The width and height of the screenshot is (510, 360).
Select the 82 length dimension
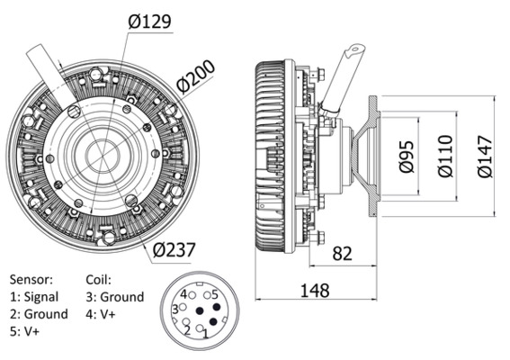coord(342,254)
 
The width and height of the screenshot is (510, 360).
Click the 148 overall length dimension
coord(314,290)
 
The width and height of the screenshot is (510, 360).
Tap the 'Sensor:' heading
coord(31,280)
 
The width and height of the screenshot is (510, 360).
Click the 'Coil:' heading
coord(100,280)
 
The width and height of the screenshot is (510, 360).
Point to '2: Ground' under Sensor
coord(39,314)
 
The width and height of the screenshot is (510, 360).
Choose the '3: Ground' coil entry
coord(114,297)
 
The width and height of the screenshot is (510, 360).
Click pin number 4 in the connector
coord(183,294)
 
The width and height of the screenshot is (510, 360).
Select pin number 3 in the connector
coord(175,310)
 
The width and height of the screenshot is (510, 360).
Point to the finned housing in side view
coord(270,153)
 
